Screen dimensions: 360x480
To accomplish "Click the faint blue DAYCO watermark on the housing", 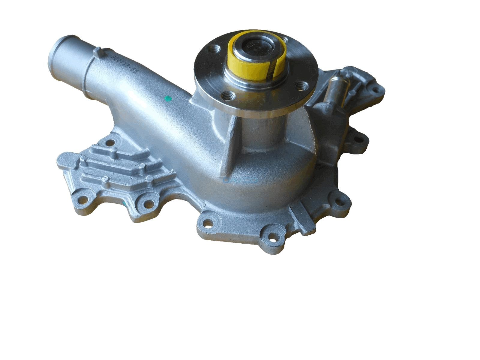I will click(240, 180).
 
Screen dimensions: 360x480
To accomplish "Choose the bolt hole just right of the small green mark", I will click(148, 204).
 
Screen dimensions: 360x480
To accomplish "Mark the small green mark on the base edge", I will click(125, 203).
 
